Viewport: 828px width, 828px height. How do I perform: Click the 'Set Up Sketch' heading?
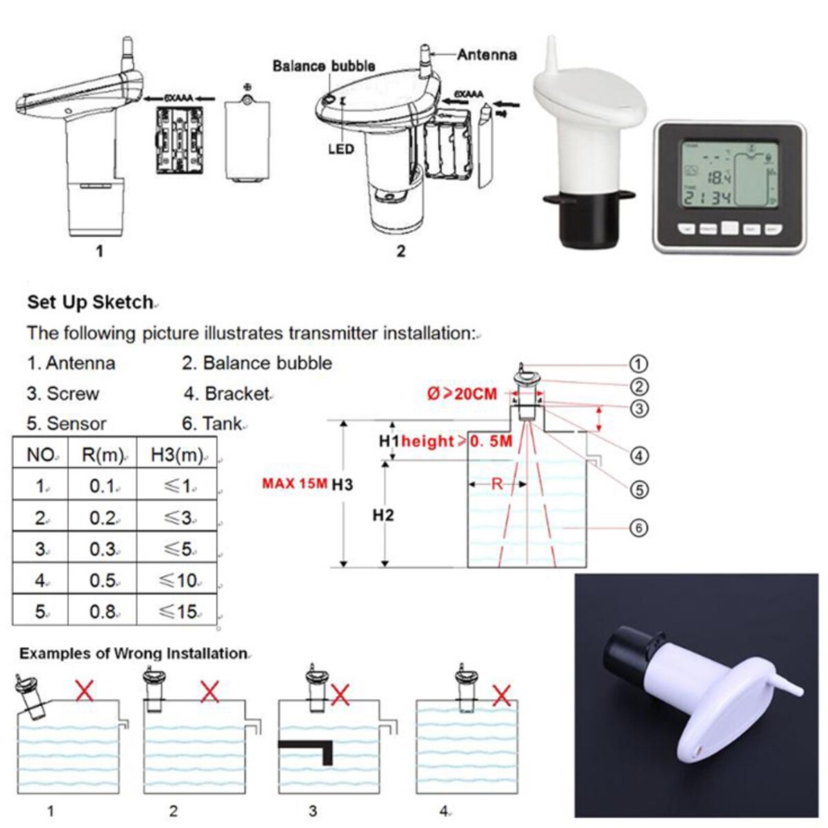tap(90, 302)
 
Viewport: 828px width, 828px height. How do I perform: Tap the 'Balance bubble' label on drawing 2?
tap(324, 66)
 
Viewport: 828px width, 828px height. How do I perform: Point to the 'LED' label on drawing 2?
tap(341, 149)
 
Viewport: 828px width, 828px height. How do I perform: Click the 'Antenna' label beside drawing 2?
tap(486, 55)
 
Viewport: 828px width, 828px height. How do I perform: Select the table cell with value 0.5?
tap(102, 580)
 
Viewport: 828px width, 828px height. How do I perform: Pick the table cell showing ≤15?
tap(178, 611)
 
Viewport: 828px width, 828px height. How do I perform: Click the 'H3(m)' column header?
tap(177, 455)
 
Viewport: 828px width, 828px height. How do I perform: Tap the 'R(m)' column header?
tap(102, 455)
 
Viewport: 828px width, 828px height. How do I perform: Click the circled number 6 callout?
tap(639, 528)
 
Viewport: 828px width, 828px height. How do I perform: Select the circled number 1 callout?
tap(639, 364)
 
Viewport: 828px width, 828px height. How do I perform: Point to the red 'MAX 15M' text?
tap(295, 483)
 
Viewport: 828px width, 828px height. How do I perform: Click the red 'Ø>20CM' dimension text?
tap(462, 394)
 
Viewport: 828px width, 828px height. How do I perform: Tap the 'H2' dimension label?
tap(383, 515)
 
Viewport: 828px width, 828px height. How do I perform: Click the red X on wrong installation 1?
tap(84, 689)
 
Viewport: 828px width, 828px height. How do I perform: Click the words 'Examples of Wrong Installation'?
tap(132, 653)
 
